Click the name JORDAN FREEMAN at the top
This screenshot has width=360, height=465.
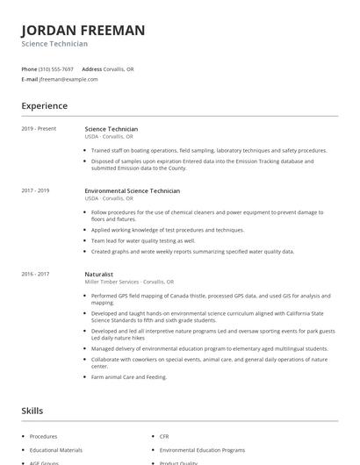pyautogui.click(x=83, y=30)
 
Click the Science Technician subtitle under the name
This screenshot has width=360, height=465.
pyautogui.click(x=54, y=44)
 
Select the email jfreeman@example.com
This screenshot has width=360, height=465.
pyautogui.click(x=68, y=79)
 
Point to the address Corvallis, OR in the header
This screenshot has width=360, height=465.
pyautogui.click(x=119, y=68)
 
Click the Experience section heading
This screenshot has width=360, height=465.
pyautogui.click(x=45, y=106)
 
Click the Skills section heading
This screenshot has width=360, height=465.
pyautogui.click(x=32, y=411)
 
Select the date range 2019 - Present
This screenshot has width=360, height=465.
pyautogui.click(x=39, y=129)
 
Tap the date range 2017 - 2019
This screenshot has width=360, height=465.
pyautogui.click(x=36, y=190)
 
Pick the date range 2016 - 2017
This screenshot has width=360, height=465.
pyautogui.click(x=36, y=274)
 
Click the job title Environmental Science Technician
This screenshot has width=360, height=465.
pyautogui.click(x=133, y=190)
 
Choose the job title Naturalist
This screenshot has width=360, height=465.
pyautogui.click(x=99, y=274)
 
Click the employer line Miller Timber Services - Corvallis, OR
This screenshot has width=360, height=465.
pyautogui.click(x=130, y=282)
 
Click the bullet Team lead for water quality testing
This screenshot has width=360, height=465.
pyautogui.click(x=143, y=240)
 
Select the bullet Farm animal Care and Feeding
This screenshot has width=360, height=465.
pyautogui.click(x=129, y=377)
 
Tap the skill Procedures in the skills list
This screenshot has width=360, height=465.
pyautogui.click(x=43, y=436)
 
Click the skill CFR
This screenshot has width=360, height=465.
pyautogui.click(x=164, y=436)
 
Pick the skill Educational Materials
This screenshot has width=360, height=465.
pyautogui.click(x=55, y=449)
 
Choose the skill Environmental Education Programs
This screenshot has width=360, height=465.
pyautogui.click(x=202, y=449)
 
